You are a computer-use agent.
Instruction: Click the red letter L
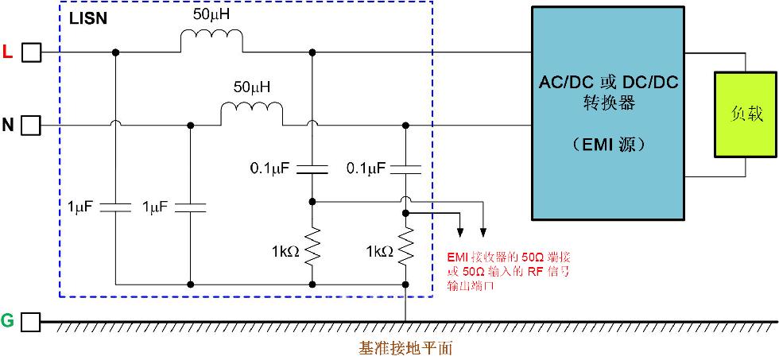click(8, 52)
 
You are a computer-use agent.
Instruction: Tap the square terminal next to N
click(31, 126)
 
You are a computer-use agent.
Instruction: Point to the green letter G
click(8, 321)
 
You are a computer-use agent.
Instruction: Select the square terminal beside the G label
click(31, 321)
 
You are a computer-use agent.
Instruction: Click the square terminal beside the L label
click(31, 52)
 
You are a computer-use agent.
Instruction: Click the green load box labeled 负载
click(746, 114)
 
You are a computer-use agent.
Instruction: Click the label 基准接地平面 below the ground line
click(405, 348)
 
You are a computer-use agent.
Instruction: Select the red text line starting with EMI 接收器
click(510, 258)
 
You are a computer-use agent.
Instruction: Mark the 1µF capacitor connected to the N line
click(190, 207)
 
